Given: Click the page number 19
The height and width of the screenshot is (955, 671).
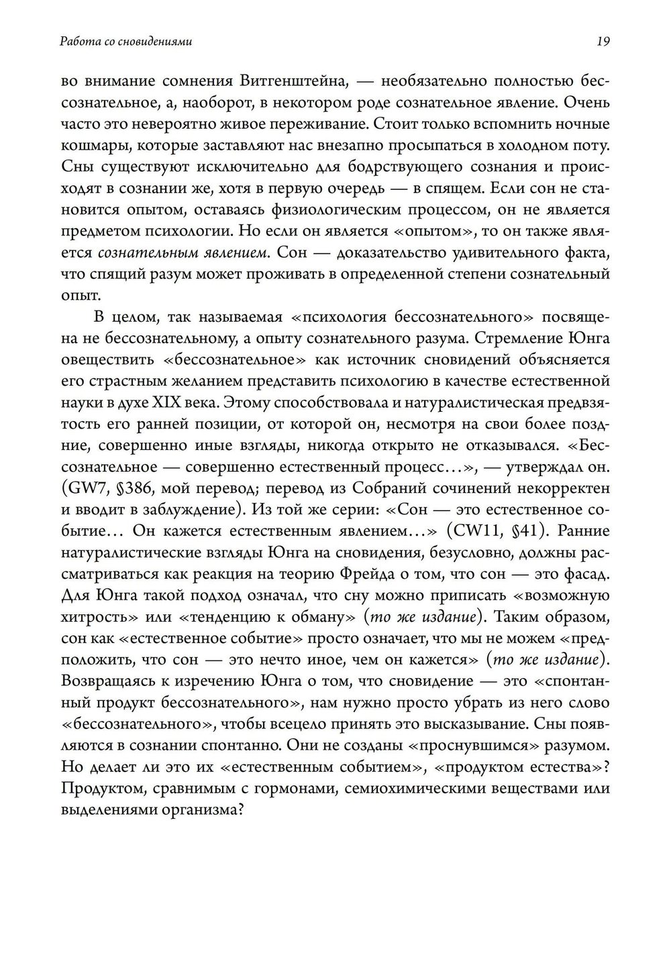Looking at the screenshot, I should coord(603,42).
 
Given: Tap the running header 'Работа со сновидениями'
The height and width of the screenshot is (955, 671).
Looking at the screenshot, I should coord(126,42).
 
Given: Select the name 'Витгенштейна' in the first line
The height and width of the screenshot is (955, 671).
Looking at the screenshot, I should coord(292,81).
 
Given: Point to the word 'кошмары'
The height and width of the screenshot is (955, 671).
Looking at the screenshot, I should coord(87,146).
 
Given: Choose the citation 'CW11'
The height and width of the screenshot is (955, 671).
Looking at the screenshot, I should coord(475,531).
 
